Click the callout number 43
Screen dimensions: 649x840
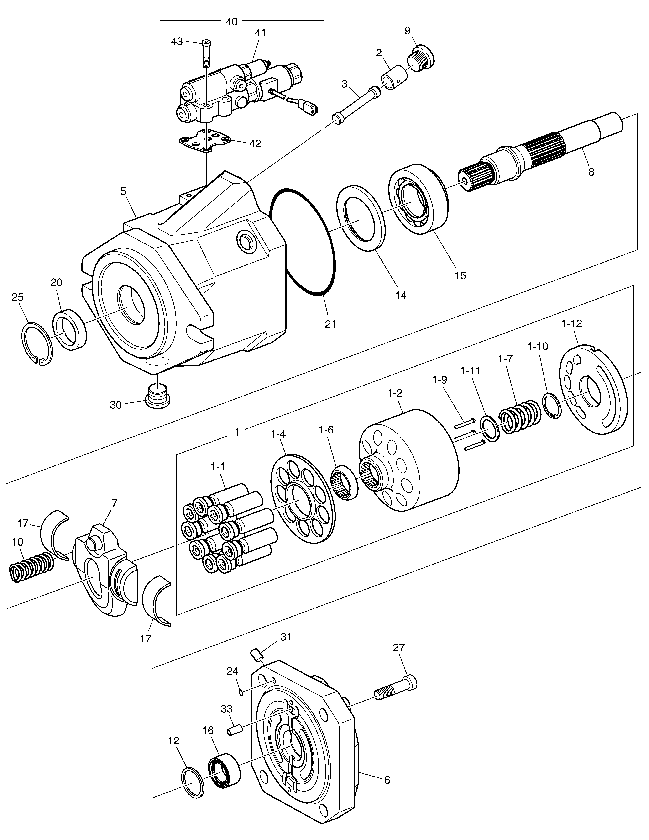pyautogui.click(x=177, y=42)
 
